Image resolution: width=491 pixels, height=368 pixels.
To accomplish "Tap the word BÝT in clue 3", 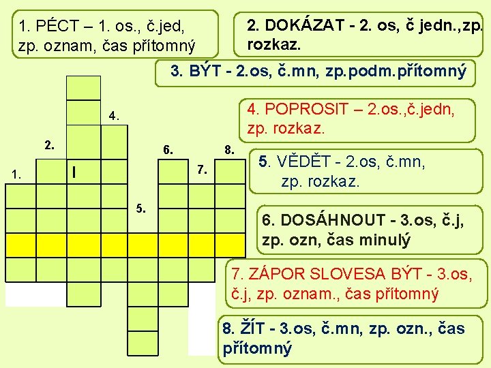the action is click(x=204, y=70).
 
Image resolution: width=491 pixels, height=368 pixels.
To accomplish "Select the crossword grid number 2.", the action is click(x=48, y=144).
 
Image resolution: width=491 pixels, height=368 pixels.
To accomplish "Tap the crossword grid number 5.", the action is click(x=142, y=208).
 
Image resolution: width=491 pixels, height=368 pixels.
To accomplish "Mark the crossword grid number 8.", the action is click(x=230, y=149).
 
